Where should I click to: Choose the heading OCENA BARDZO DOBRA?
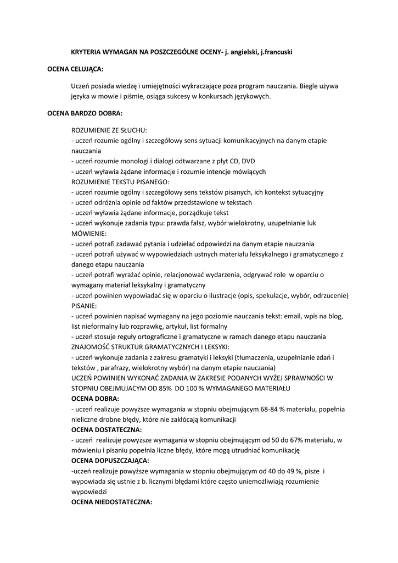tap(84, 113)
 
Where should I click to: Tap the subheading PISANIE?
tap(84, 305)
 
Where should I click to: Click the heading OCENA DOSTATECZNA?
tap(106, 429)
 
